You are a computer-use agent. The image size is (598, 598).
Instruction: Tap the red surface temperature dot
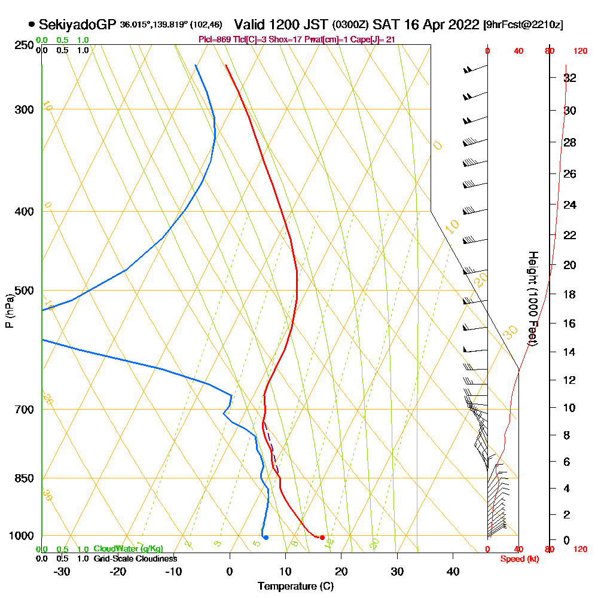322,538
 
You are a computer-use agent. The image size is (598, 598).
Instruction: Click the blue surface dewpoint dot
266,538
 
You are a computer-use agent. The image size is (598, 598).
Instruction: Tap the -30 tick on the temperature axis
62,571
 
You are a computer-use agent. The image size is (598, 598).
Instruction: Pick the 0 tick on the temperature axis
230,571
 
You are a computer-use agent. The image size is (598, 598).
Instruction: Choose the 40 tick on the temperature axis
453,571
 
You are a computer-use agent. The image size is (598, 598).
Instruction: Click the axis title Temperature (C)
295,587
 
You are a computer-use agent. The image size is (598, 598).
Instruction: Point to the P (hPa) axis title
9,310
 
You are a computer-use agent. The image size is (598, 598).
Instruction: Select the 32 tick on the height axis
570,78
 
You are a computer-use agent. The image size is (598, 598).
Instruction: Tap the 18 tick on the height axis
570,294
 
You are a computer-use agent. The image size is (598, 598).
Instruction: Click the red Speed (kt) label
517,559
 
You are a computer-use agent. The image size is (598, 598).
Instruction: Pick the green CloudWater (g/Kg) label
128,549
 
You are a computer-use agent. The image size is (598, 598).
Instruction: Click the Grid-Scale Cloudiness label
135,559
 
